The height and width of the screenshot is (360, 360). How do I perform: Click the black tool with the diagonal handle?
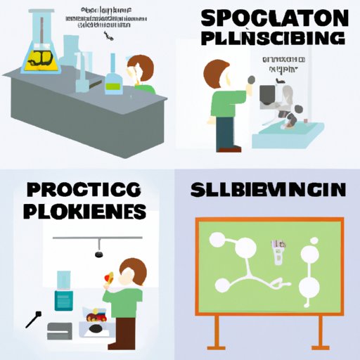[x=32, y=318]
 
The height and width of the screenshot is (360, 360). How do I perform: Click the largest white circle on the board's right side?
[x=307, y=288]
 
